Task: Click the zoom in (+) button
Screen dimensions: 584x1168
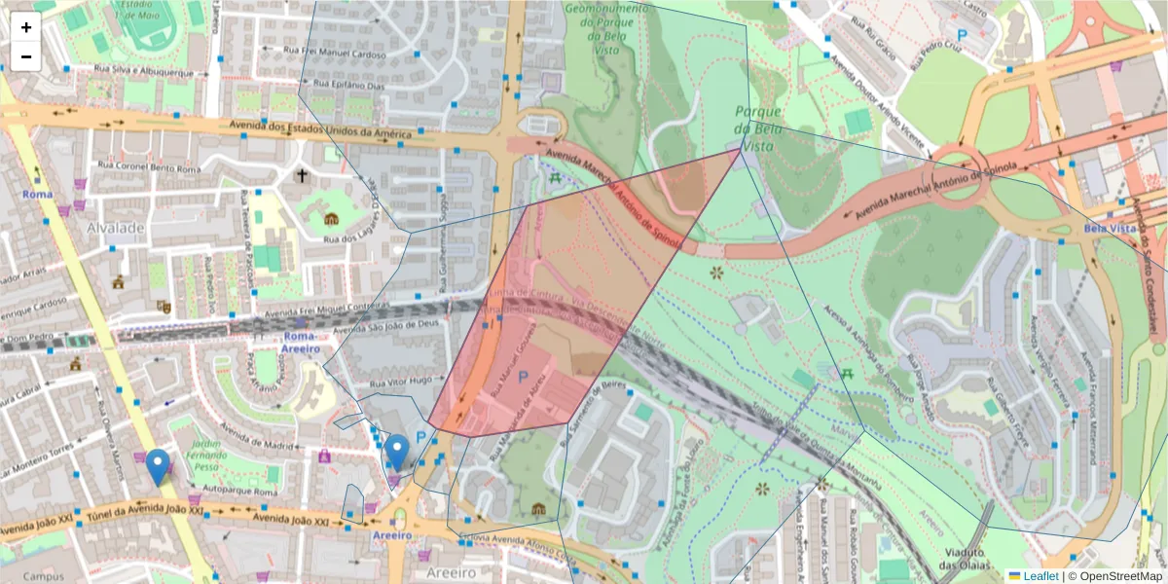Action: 26,27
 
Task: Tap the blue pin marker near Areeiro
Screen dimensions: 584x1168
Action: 396,452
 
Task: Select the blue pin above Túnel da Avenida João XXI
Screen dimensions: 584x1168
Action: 158,467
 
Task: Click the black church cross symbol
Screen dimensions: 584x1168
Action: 302,176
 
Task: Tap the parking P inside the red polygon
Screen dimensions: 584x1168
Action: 523,376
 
